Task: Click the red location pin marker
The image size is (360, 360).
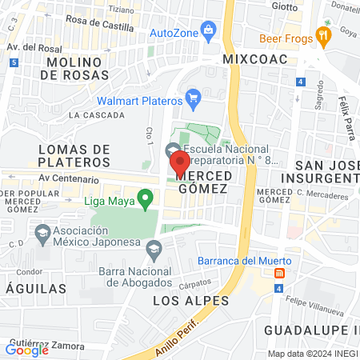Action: coord(178,163)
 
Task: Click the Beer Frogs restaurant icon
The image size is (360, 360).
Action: coord(323,35)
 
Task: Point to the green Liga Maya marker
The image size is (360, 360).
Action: coord(145,197)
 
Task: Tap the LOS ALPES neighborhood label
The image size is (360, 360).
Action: coord(190,301)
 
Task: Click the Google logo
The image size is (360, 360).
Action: coord(26,350)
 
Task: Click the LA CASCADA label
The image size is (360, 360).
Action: coord(97,115)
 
